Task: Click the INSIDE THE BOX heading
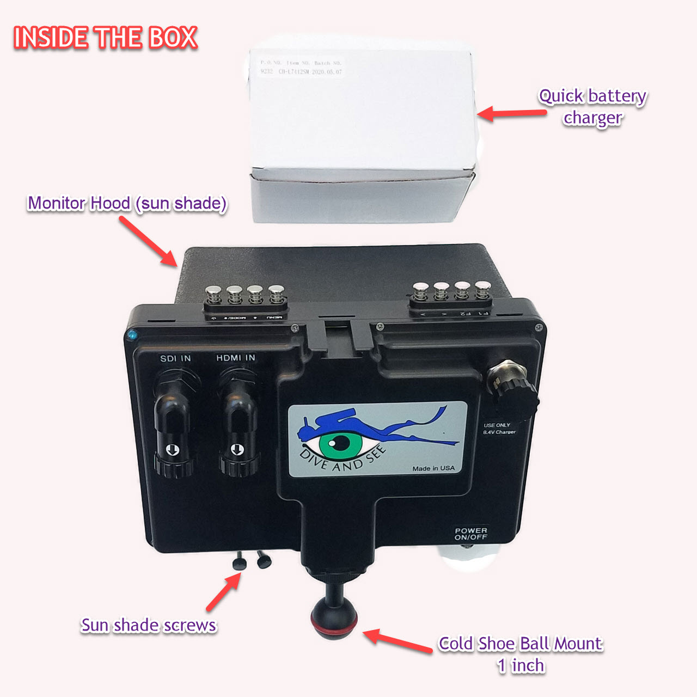point(105,38)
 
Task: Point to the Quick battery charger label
point(592,107)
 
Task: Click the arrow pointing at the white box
point(512,113)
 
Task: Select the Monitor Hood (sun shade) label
point(127,203)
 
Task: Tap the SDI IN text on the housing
point(175,358)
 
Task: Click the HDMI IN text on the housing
point(235,358)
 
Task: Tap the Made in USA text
point(433,468)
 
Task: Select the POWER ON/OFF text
point(471,534)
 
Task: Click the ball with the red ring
point(334,619)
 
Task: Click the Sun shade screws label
point(149,625)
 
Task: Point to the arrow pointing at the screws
point(223,592)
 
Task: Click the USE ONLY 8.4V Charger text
point(499,429)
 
